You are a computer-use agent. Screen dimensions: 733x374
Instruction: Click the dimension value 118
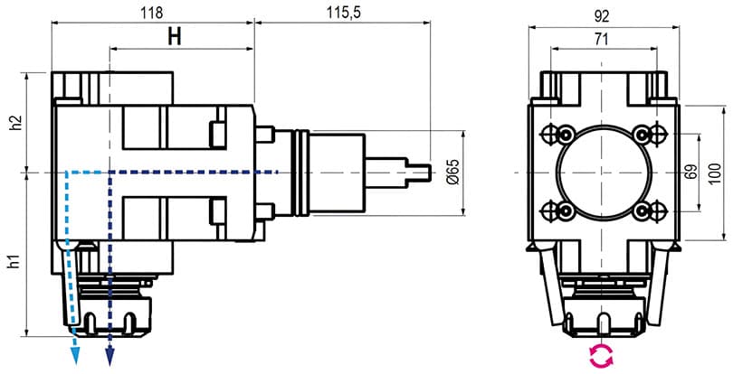[x=152, y=13]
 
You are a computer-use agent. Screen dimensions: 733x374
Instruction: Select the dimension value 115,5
[x=344, y=13]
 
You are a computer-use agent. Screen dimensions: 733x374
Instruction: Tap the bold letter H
[x=175, y=37]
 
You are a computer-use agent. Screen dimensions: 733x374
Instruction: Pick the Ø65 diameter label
[x=452, y=173]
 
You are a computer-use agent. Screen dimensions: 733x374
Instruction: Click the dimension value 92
[x=602, y=17]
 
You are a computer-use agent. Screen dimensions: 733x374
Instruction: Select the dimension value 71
[x=602, y=40]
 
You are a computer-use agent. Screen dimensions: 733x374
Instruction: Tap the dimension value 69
[x=690, y=173]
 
